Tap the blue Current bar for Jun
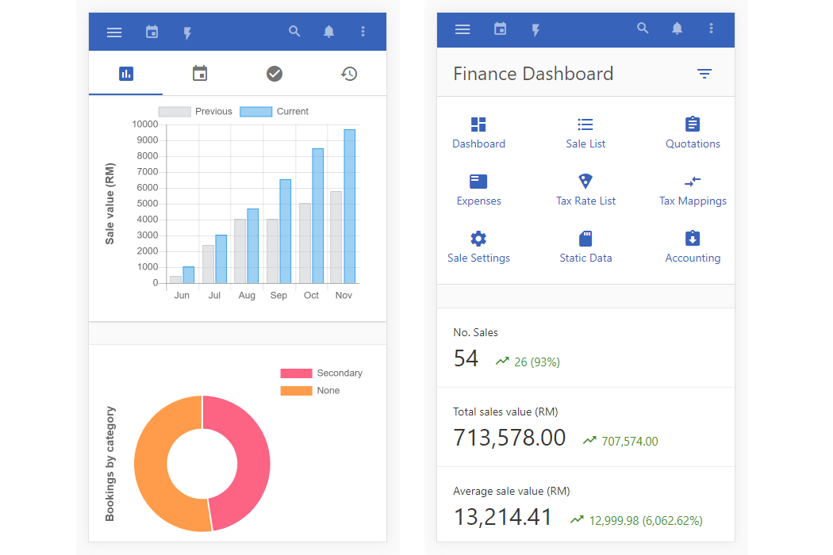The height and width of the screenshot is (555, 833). click(x=188, y=274)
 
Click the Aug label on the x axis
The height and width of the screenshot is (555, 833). click(x=247, y=295)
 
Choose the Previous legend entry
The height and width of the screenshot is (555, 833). click(x=195, y=112)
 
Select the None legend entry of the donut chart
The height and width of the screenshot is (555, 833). click(x=309, y=391)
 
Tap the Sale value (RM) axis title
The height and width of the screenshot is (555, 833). click(x=110, y=203)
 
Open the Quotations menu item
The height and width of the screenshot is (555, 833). click(x=693, y=132)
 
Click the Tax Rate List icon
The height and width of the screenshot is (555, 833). click(x=585, y=181)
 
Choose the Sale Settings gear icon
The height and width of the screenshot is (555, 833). click(x=478, y=239)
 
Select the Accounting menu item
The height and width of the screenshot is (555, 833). click(x=693, y=247)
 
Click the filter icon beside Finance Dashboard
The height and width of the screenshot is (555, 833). click(x=704, y=74)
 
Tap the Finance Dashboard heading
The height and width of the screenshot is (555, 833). click(x=533, y=74)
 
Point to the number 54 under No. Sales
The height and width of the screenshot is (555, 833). click(x=466, y=359)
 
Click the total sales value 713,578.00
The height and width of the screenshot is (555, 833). click(x=509, y=438)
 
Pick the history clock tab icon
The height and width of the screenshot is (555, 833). click(x=349, y=74)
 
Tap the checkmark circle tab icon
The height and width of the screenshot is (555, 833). click(x=274, y=74)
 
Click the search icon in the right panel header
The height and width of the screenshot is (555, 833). click(x=643, y=29)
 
